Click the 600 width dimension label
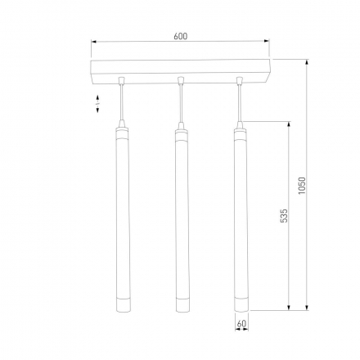(x=180, y=35)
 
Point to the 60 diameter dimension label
(x=241, y=324)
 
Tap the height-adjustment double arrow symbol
(x=98, y=103)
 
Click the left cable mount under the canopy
(x=121, y=80)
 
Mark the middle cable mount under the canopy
(x=180, y=80)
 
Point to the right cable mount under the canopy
(x=240, y=80)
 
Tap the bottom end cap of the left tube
(x=121, y=305)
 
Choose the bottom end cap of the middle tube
(x=180, y=305)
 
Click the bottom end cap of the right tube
(x=240, y=305)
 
